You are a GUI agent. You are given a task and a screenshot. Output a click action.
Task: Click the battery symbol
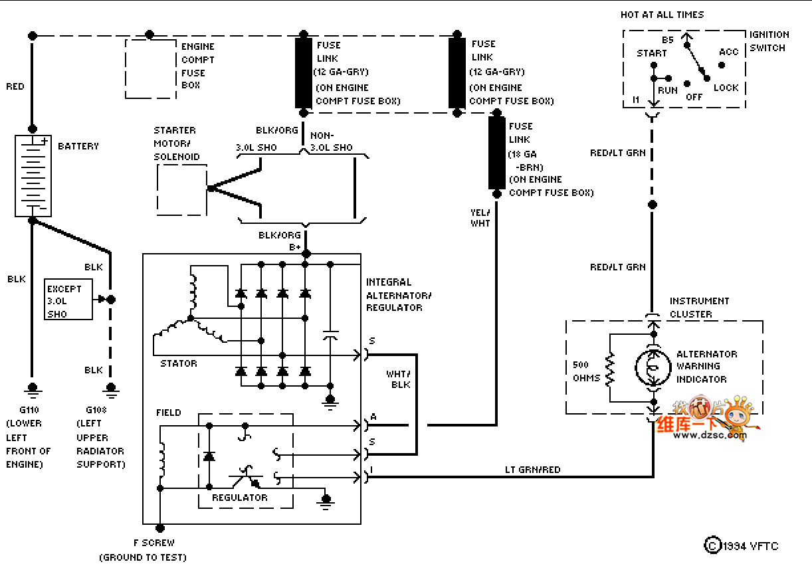33,175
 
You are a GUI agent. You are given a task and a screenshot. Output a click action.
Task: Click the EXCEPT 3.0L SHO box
68,300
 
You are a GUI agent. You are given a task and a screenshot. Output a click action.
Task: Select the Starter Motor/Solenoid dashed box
181,189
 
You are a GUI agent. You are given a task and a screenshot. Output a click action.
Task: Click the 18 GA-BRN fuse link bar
496,153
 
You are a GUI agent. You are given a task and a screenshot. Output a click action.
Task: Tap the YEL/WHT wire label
480,217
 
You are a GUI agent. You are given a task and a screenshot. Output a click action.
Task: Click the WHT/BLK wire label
399,379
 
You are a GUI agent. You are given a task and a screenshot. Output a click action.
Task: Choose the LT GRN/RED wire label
533,470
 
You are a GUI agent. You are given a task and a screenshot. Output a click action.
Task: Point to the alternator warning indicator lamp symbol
653,366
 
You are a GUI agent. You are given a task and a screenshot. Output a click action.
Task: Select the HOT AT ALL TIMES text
662,15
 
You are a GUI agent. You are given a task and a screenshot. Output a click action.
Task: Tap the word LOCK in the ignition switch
726,88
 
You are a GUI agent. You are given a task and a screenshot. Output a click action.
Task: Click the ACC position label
728,52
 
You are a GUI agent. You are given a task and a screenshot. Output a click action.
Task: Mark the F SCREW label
153,543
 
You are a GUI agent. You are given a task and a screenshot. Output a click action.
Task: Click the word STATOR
179,363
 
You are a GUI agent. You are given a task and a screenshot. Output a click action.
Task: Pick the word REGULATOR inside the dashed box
240,498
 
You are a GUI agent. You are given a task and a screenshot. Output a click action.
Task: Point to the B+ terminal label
295,246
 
